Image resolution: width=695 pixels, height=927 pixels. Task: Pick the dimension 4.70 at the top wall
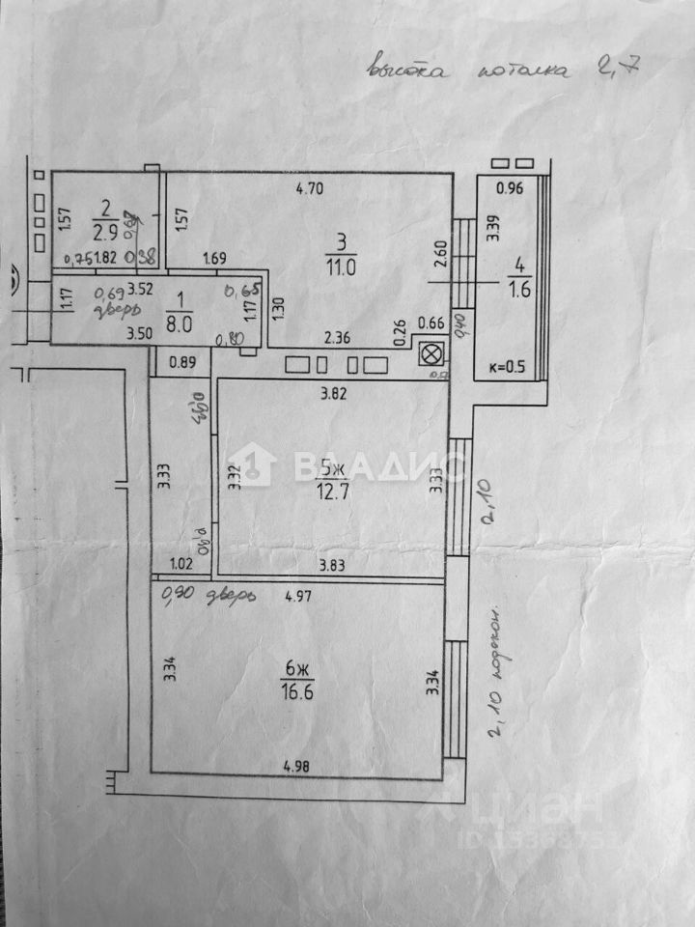click(x=309, y=189)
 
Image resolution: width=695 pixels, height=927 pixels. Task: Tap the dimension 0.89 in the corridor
click(x=182, y=364)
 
